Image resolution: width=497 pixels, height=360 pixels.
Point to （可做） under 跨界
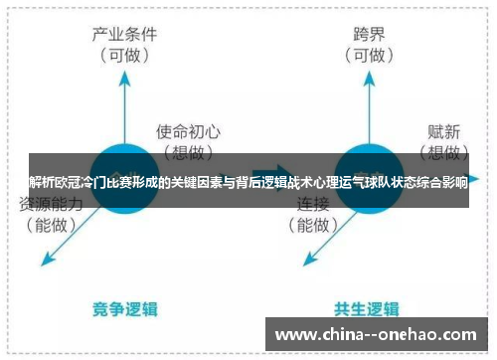(368, 55)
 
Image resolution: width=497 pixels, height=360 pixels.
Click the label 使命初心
(190, 130)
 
